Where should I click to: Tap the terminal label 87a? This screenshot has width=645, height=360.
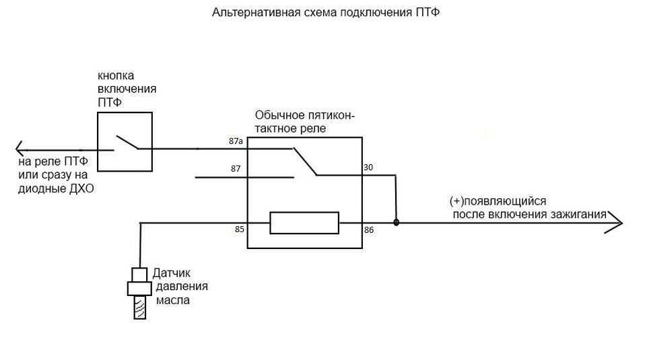click(x=236, y=142)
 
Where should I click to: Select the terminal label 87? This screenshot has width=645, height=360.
click(x=236, y=168)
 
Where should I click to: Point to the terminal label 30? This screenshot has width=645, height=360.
click(x=368, y=168)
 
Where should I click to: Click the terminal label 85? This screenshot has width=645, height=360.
click(x=239, y=229)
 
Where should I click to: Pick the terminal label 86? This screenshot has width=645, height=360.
click(x=368, y=229)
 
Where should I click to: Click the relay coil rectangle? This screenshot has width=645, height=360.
click(x=304, y=223)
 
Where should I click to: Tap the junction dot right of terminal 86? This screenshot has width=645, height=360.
click(x=396, y=222)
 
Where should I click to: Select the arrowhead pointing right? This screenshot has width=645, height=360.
click(x=616, y=223)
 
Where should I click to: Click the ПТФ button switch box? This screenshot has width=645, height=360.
click(x=124, y=142)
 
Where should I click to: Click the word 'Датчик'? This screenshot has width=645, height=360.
click(x=172, y=273)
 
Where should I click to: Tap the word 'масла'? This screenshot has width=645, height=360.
click(x=173, y=301)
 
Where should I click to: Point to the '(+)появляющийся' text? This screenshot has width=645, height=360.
click(x=498, y=201)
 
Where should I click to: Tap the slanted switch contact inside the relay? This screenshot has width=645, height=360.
click(x=306, y=161)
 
